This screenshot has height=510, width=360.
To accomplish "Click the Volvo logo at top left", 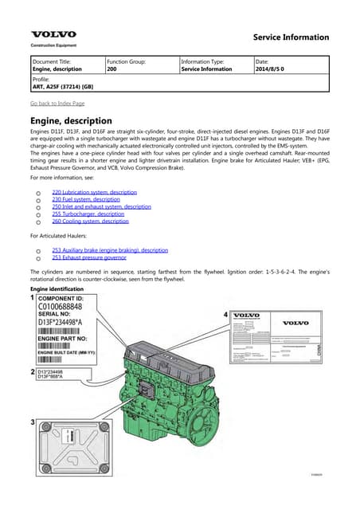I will coord(53,35).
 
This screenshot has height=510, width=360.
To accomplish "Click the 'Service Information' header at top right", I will coord(290,37).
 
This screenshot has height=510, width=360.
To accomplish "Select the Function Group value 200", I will coord(112,70).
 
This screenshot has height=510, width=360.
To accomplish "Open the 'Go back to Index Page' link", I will coord(57,104).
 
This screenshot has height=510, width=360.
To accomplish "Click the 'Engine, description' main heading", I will coord(70,120).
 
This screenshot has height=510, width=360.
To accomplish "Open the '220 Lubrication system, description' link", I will coord(94,192).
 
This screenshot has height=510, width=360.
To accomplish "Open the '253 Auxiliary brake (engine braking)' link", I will coord(109,250).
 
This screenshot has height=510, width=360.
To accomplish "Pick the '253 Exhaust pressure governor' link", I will coord(88,257).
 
